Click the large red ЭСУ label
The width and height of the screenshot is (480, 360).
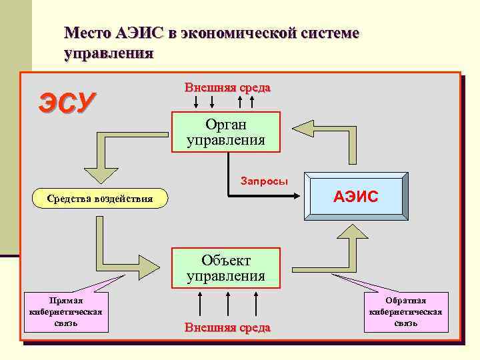tap(67, 103)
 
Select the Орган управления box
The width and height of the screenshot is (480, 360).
tap(226, 132)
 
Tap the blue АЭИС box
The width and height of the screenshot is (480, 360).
tap(356, 197)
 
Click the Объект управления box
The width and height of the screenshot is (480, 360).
tap(226, 267)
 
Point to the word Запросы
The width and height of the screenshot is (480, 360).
tap(264, 181)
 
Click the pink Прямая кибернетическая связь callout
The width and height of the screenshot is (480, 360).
tap(66, 312)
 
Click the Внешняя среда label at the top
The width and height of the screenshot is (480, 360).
tap(227, 88)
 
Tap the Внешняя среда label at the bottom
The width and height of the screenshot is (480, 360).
tap(227, 327)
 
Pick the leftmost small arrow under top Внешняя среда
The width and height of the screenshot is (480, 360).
tap(196, 102)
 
